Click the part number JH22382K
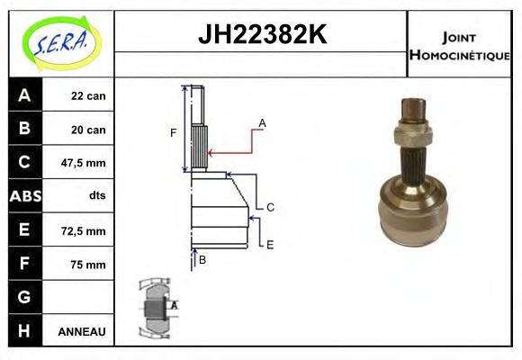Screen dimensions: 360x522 [261, 35]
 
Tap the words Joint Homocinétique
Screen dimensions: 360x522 [459, 45]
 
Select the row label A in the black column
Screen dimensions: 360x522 [23, 95]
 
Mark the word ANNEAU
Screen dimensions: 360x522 [82, 331]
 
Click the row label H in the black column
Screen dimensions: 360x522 [23, 331]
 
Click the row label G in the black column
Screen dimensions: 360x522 [23, 297]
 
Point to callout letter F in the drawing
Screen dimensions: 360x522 [174, 133]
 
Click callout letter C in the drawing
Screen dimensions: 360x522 [269, 207]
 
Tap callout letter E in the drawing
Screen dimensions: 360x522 [269, 244]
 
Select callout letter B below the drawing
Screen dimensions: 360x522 [202, 259]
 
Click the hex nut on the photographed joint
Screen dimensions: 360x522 [412, 135]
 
